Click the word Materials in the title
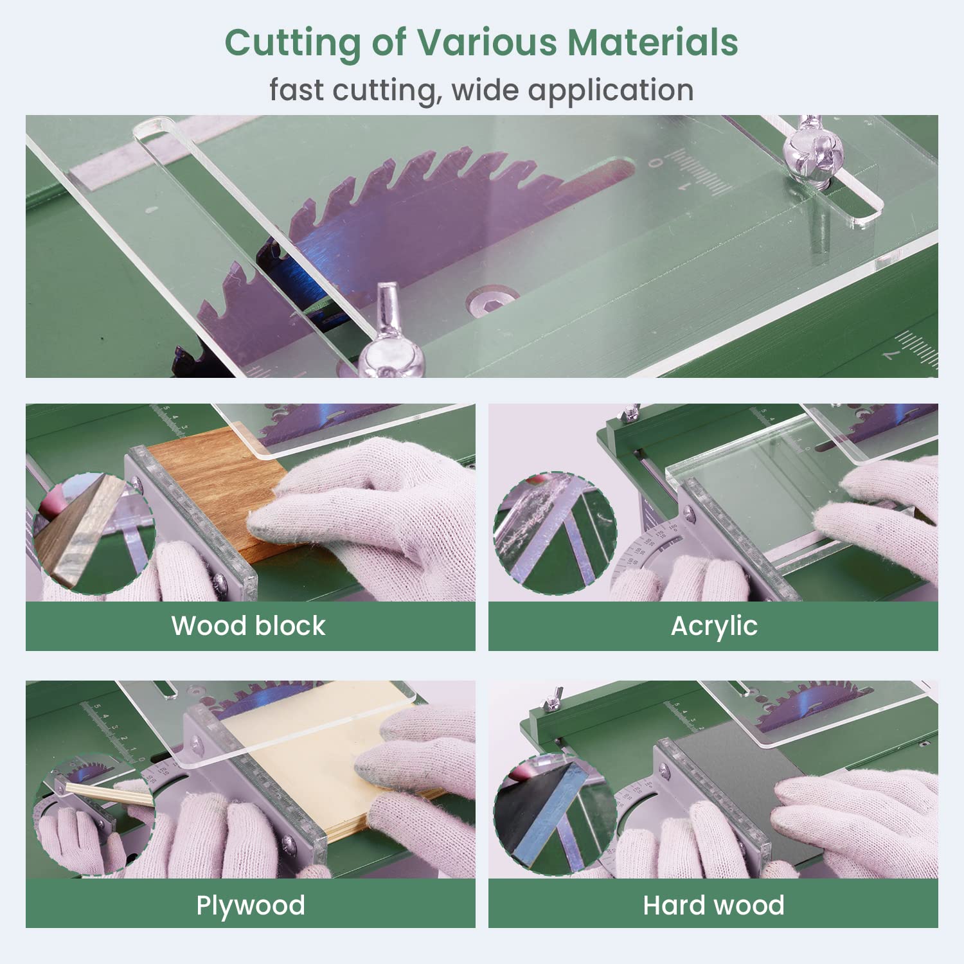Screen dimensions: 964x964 (x=652, y=42)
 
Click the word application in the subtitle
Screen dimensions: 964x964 (x=611, y=90)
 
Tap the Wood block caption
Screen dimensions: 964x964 (x=249, y=625)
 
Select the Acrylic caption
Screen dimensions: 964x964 (x=714, y=626)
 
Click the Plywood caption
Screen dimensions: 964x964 (x=251, y=905)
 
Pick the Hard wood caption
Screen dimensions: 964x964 (x=713, y=905)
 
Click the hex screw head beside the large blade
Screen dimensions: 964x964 (x=492, y=299)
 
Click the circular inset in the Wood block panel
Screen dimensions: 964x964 (x=94, y=533)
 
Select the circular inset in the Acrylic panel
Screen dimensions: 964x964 (x=555, y=533)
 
